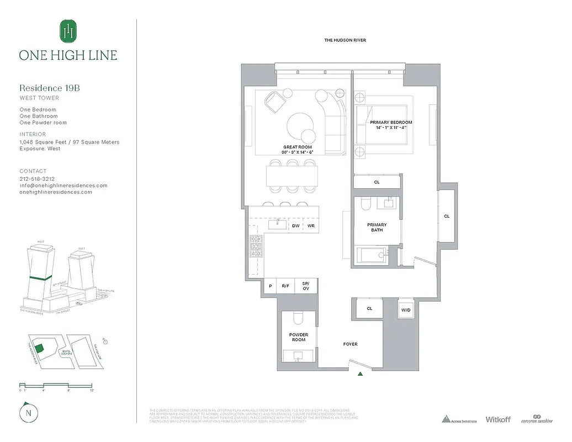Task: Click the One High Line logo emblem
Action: [x=68, y=31]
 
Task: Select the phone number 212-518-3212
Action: [x=37, y=179]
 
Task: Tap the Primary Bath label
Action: [x=377, y=227]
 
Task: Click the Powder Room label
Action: [x=298, y=337]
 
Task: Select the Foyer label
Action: [x=350, y=344]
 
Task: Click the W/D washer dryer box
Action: [x=405, y=310]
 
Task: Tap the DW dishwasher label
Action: [x=295, y=226]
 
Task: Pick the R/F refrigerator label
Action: [x=285, y=286]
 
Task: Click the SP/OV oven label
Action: [x=305, y=286]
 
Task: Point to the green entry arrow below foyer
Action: [x=361, y=374]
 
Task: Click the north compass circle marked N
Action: [x=27, y=412]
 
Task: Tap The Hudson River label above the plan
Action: [x=345, y=40]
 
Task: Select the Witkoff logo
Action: [x=497, y=419]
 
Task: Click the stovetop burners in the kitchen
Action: [x=256, y=246]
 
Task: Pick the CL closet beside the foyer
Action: [x=369, y=309]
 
